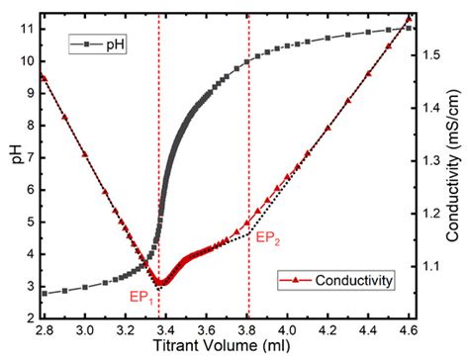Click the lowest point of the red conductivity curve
pos(161,283)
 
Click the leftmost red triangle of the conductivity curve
pos(44,77)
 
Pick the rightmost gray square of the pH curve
pos(410,28)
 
